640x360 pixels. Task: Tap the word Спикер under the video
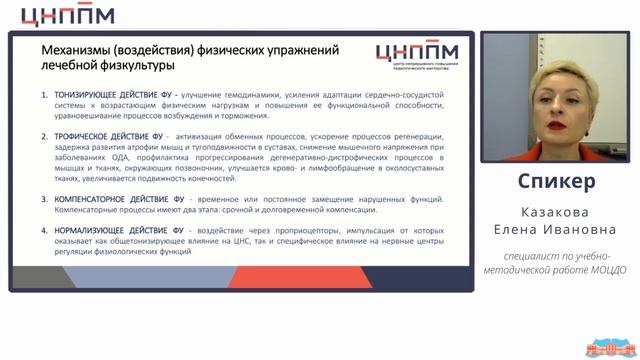pos(558,182)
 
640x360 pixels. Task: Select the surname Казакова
pos(558,214)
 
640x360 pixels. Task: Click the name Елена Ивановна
pos(558,231)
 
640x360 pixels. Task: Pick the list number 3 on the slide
pos(44,199)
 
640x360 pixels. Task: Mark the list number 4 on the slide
pos(44,230)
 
